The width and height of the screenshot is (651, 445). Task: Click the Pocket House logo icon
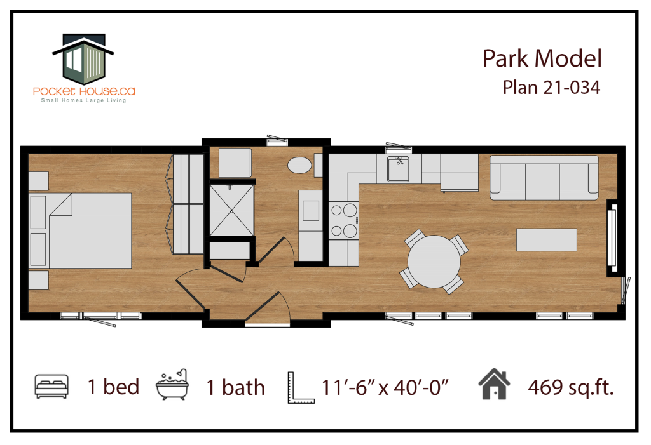coord(83,58)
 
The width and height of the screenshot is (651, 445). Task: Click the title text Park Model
coord(542,58)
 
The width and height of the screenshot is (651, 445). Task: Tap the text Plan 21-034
coord(551,88)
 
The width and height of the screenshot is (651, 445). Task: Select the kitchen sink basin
coord(398,169)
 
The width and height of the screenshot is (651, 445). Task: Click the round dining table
coord(434,262)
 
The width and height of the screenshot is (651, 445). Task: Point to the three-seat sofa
coord(544,178)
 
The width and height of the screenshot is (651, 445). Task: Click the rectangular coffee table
coord(546,240)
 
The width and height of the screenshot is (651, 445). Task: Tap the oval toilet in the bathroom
coord(299,165)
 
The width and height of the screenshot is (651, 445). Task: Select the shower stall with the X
coord(231,210)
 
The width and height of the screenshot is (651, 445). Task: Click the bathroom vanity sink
coord(310,211)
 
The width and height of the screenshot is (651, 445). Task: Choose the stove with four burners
coord(344,220)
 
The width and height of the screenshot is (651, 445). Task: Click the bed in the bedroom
coord(81,230)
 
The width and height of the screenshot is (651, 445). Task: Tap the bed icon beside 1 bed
coord(51,386)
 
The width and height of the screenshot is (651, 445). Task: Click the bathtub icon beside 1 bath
coord(172,385)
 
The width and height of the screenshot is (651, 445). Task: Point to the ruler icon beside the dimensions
coord(301,387)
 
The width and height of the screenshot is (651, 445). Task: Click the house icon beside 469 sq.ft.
coord(494,384)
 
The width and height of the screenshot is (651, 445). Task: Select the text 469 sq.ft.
coord(571,388)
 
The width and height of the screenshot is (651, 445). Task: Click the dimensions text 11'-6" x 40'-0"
coord(385,387)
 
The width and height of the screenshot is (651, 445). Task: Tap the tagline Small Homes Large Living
coord(83,100)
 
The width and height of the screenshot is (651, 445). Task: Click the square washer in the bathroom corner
coord(235,163)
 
